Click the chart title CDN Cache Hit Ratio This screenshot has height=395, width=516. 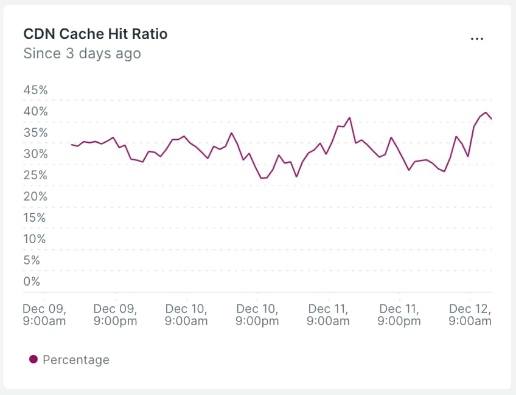pos(95,34)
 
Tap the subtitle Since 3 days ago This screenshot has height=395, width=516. pos(82,53)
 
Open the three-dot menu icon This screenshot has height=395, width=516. pos(476,38)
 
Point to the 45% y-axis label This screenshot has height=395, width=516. pos(35,90)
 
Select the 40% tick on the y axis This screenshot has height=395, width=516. pos(35,111)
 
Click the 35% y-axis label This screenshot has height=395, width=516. pos(35,132)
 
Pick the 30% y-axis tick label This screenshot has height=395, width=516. pos(35,154)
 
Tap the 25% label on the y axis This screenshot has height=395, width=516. pos(35,175)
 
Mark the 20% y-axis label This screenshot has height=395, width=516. pos(35,196)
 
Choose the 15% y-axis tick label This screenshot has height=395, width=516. pos(35,218)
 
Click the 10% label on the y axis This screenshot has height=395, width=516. pos(35,239)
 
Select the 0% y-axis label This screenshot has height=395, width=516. pos(32,281)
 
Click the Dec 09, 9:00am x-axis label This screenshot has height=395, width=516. pos(44,314)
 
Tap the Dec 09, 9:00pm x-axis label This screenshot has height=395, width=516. pos(115,314)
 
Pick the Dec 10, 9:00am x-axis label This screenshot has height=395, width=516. pos(186,314)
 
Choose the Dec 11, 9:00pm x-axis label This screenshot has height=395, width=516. pos(399,314)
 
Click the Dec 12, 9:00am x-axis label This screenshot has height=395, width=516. pos(470,314)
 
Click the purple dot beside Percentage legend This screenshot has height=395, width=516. pos(33,360)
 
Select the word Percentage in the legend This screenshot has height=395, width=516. pos(76,360)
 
